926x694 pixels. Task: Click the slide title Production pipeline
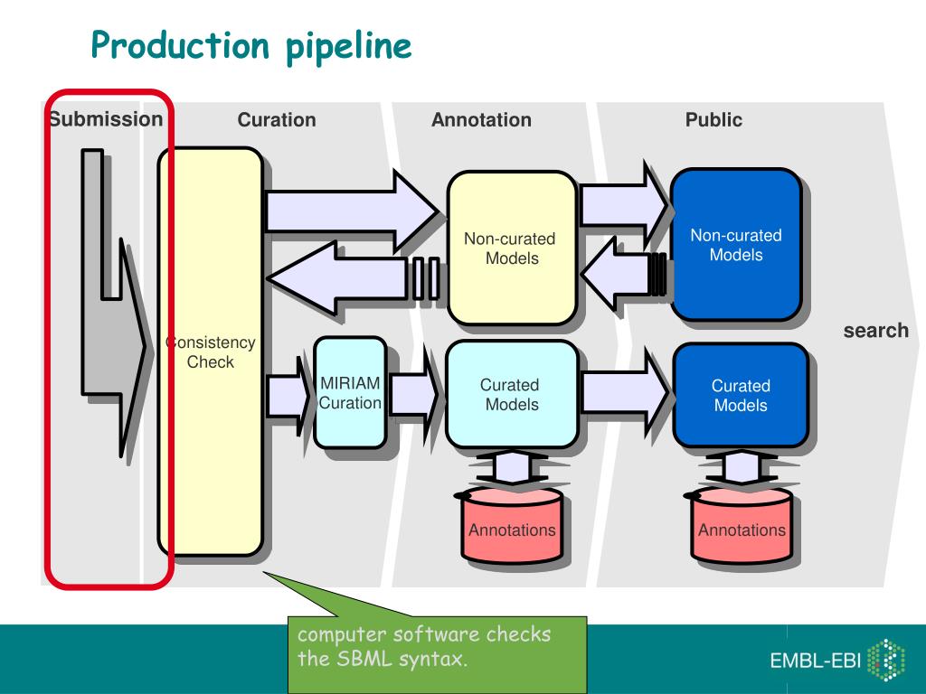coord(251,46)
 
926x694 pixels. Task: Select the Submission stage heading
coord(106,119)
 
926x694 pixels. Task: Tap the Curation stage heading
coord(277,120)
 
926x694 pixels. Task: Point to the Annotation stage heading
coord(481,120)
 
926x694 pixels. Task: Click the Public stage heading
coord(713,120)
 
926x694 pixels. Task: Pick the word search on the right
coord(875,331)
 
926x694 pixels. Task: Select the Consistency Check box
coord(210,352)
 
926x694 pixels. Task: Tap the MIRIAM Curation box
coord(350,393)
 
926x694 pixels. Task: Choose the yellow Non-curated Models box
coord(512,248)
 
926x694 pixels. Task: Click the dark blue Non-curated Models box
coord(736,245)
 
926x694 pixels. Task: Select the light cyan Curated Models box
coord(512,394)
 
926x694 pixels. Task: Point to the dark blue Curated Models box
coord(741,396)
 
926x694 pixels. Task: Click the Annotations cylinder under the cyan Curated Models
coord(512,524)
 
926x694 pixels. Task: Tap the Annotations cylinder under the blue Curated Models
coord(742,524)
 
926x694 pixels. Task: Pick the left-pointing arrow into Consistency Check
coord(354,278)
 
